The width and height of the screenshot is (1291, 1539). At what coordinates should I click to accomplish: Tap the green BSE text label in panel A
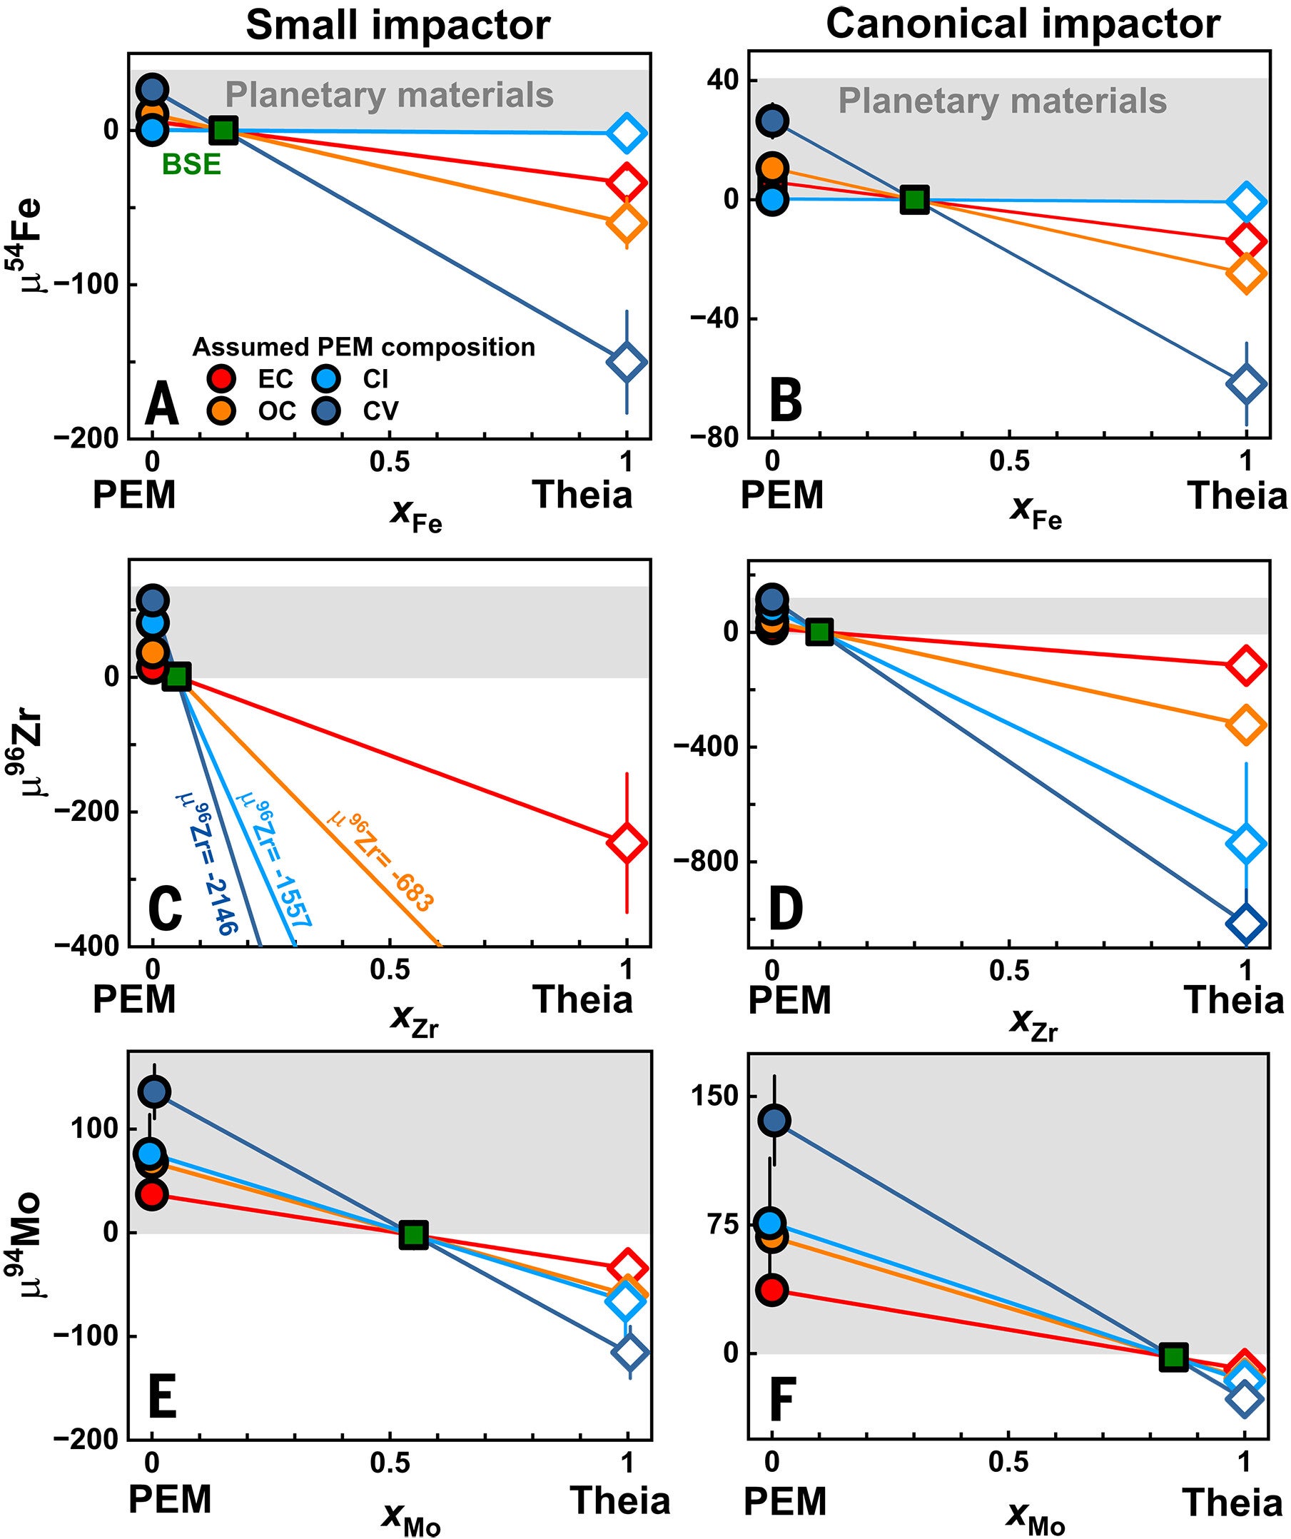191,165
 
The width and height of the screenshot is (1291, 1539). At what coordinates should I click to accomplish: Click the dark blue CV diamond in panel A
627,361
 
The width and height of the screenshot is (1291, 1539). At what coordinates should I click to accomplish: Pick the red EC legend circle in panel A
221,379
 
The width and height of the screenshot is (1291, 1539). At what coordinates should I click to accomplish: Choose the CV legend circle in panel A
326,410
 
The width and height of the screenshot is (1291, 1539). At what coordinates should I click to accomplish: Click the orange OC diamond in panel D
1245,725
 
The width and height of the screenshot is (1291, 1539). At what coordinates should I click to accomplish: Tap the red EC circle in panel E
152,1194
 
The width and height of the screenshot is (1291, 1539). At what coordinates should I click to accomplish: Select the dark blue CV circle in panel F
775,1121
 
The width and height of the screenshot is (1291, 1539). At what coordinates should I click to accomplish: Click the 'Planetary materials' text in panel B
1001,101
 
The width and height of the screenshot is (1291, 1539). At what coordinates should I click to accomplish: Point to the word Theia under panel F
1234,1504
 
